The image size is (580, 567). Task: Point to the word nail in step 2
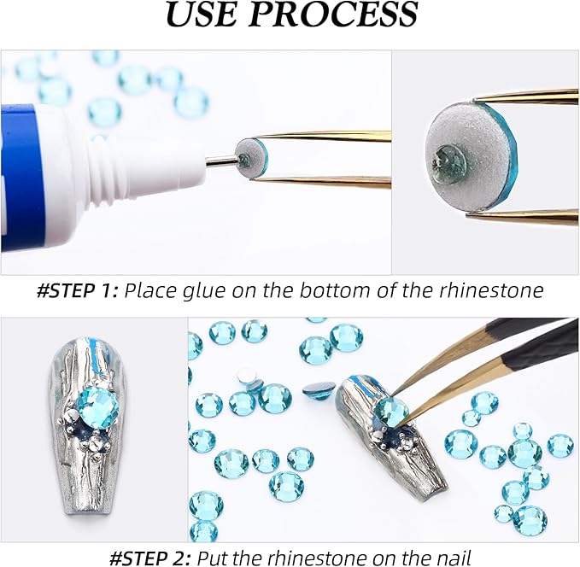click(448, 558)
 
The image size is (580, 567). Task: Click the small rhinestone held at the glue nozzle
click(254, 154)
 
